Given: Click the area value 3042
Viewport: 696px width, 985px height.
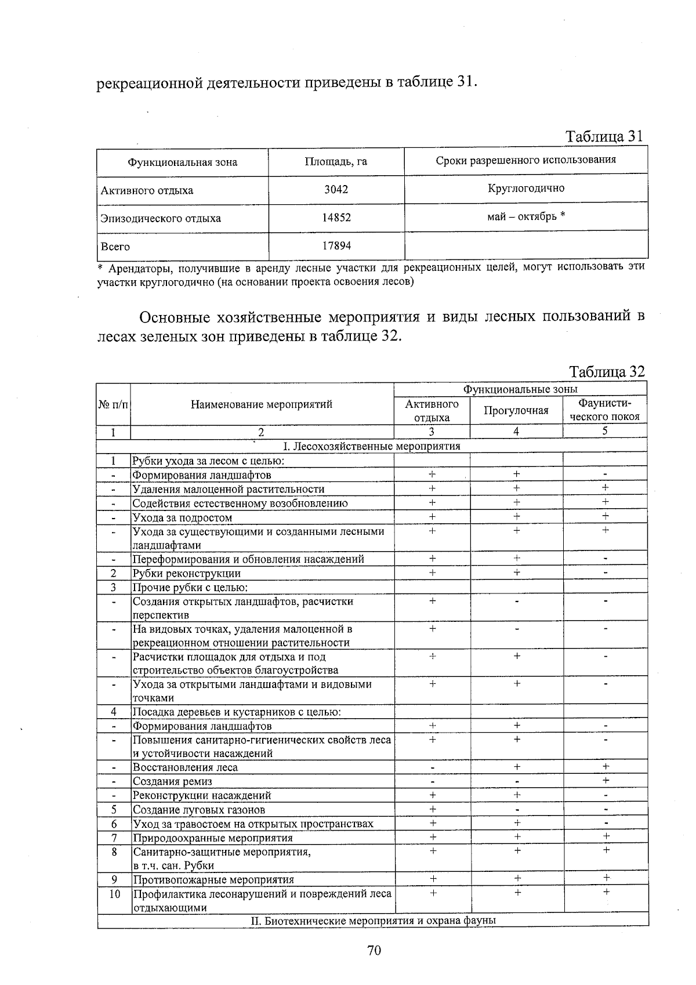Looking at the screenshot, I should (336, 190).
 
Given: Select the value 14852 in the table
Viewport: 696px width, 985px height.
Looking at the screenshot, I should (336, 218).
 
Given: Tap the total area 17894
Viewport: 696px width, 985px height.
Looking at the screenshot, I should (336, 246).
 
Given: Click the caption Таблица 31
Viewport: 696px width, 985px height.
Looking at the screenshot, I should (604, 136).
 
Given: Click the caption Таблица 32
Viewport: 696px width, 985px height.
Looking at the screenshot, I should (607, 372).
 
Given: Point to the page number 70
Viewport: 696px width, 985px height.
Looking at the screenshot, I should (374, 950).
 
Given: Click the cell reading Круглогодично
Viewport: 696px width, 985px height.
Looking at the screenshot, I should (526, 188).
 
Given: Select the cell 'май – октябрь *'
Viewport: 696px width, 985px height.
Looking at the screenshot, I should (526, 216).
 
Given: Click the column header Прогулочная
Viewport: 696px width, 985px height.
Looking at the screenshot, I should (516, 411).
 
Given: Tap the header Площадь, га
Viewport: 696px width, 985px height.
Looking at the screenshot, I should (336, 162).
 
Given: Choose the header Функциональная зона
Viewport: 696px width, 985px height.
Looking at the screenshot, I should (182, 162).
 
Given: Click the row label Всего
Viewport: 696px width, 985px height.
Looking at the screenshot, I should (115, 247).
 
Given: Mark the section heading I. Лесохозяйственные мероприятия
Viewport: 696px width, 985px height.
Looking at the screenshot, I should (371, 446).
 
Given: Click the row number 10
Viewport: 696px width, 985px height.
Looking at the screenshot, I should (114, 894).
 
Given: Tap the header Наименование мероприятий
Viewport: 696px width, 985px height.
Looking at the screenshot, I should (262, 404).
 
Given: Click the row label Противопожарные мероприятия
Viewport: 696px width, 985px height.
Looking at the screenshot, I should (213, 879).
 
